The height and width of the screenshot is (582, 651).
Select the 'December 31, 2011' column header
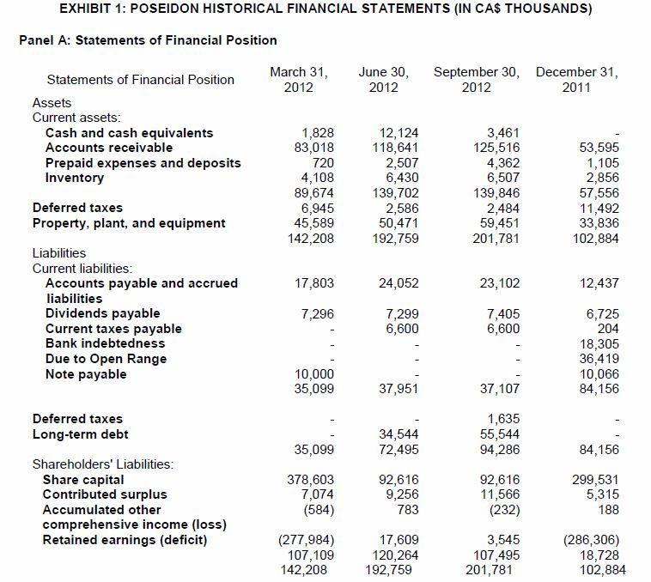[x=576, y=79]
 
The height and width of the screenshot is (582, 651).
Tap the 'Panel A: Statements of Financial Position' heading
[x=148, y=40]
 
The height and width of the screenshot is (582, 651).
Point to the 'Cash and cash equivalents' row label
[x=129, y=133]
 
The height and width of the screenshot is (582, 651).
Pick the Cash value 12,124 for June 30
[x=399, y=133]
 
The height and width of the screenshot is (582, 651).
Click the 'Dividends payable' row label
[x=102, y=313]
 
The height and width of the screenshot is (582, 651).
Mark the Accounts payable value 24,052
[x=399, y=283]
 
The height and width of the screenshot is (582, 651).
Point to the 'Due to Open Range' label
[x=106, y=359]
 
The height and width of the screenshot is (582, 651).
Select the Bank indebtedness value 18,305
[x=599, y=343]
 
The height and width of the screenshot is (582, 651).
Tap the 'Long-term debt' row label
[x=80, y=434]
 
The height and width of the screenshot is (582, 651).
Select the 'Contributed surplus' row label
[x=105, y=494]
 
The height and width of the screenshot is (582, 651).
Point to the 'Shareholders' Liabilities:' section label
[x=102, y=464]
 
